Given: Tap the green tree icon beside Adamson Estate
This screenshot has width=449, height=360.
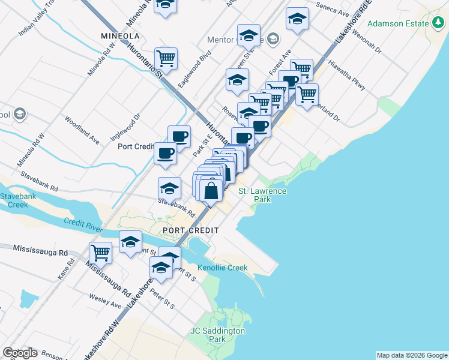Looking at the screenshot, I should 439,23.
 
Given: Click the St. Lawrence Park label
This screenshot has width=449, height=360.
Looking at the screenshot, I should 263,195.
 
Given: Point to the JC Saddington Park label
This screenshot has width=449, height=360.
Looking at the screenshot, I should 217,335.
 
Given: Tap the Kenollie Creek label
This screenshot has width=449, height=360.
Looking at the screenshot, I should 223,268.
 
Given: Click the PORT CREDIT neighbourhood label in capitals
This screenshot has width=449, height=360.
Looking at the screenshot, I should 190,230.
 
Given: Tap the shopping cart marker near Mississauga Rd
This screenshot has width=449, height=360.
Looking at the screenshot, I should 100,252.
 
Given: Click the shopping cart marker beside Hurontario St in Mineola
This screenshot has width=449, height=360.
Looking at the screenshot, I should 166,58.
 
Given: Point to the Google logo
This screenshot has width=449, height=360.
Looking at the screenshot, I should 20,353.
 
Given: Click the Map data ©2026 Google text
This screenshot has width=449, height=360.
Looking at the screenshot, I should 412,355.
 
